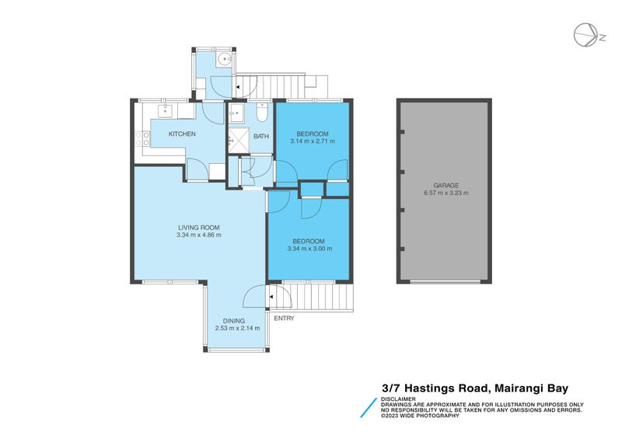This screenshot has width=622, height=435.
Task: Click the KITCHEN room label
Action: click(183, 134)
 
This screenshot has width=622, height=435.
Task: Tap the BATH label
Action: click(260, 137)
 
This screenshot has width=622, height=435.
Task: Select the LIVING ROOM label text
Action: click(198, 228)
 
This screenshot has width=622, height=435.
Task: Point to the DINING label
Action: click(234, 321)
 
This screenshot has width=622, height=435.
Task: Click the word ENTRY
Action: click(283, 318)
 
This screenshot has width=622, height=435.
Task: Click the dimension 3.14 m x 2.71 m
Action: click(313, 141)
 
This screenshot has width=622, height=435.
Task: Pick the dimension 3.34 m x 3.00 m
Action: click(309, 249)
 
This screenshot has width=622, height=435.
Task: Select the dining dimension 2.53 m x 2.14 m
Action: click(237, 329)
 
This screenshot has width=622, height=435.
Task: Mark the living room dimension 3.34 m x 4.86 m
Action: click(199, 235)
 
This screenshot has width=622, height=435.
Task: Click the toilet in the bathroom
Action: click(263, 115)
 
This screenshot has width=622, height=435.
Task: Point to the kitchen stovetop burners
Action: click(143, 141)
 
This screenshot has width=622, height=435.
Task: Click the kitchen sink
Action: click(166, 111)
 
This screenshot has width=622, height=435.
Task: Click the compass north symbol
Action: click(585, 34)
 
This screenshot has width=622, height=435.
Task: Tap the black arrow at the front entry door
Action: click(271, 297)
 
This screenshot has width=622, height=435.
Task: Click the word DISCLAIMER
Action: click(398, 398)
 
